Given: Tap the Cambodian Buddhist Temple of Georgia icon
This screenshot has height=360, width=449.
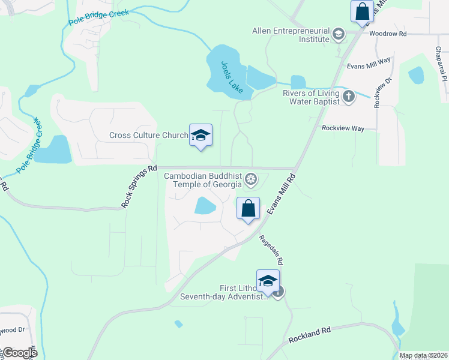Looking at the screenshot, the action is click(x=251, y=178).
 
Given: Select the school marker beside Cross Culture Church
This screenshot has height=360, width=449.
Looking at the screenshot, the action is click(x=200, y=135).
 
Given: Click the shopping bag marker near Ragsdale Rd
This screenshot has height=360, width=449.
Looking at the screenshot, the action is click(x=248, y=209).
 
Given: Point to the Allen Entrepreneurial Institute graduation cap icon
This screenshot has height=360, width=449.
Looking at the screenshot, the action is click(x=339, y=34).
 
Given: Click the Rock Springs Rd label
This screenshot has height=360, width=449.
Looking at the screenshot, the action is click(x=139, y=187).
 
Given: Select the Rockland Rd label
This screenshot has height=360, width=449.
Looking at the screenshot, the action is click(x=309, y=335).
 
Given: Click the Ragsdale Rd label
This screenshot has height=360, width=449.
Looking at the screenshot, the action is click(x=271, y=249).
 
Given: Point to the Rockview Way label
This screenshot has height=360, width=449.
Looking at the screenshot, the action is click(x=343, y=128).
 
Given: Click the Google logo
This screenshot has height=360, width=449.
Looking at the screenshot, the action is click(x=19, y=353).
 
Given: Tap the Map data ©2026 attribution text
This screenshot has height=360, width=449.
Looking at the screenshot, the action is click(x=424, y=355).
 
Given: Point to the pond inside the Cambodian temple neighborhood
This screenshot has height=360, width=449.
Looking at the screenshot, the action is click(x=205, y=206).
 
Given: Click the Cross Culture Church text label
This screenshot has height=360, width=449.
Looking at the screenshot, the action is click(x=149, y=136).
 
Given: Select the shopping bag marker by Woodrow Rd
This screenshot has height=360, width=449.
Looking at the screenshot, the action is click(x=362, y=11).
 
